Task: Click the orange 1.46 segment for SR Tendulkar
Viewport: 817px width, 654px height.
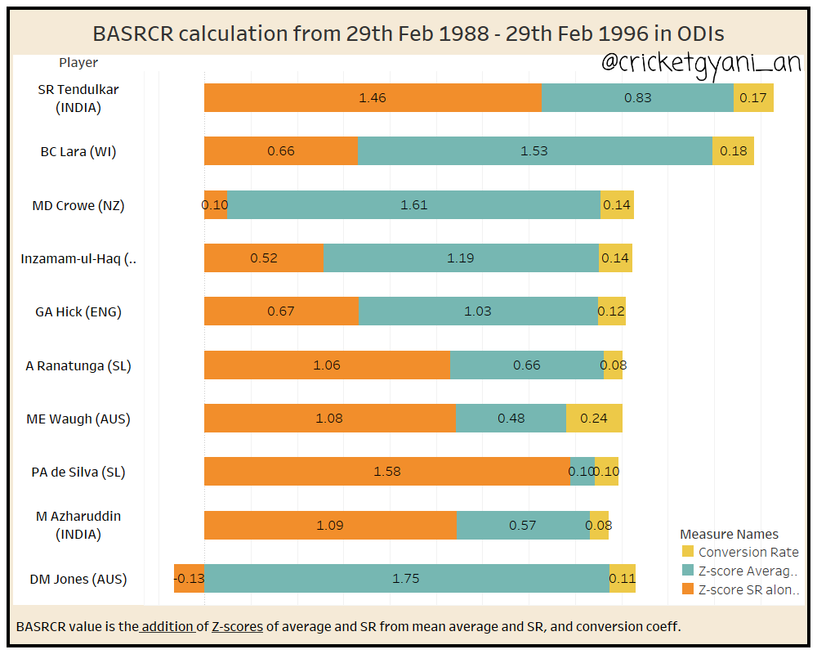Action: click(373, 98)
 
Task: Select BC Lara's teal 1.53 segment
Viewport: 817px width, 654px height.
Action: click(534, 151)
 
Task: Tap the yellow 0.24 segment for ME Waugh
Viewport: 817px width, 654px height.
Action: click(594, 419)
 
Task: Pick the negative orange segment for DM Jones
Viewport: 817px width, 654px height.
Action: click(189, 579)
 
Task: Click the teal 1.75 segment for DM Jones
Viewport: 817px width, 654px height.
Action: click(406, 579)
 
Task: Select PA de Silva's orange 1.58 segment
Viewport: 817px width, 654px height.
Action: click(386, 472)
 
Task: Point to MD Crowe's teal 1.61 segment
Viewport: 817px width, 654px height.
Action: click(413, 205)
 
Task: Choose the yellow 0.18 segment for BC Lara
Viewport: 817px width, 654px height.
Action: click(733, 151)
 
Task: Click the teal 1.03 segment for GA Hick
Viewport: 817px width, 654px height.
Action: click(478, 311)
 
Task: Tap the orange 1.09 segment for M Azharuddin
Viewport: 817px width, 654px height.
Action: click(330, 526)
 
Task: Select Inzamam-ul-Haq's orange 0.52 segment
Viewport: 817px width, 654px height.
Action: click(263, 258)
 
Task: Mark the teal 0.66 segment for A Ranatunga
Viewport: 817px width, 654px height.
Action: click(527, 365)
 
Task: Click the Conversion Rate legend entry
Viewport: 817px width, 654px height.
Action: click(748, 553)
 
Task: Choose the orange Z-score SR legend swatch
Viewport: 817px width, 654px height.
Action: click(687, 590)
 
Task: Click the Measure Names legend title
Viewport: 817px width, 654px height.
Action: click(729, 535)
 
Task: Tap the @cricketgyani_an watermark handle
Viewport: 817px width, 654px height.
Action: click(700, 63)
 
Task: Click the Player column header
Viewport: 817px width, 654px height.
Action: click(78, 63)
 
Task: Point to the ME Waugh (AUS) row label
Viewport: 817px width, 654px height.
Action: click(78, 419)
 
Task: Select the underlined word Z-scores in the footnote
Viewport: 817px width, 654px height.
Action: click(237, 627)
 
